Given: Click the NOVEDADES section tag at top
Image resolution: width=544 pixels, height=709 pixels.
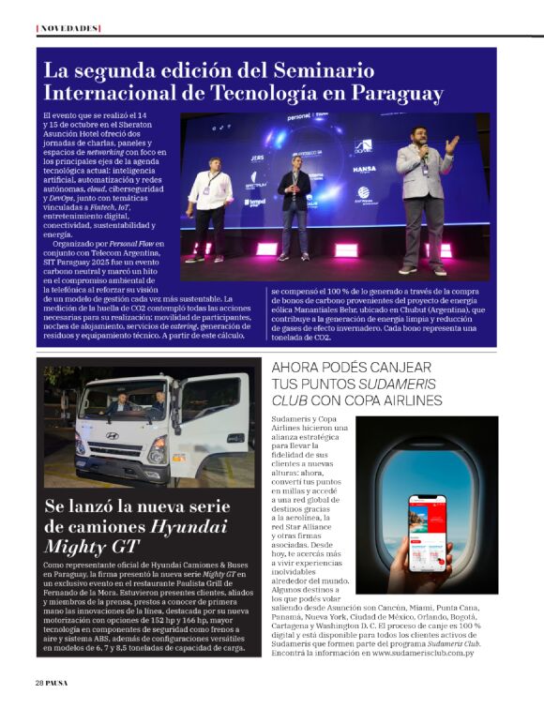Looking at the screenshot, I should point(68,28).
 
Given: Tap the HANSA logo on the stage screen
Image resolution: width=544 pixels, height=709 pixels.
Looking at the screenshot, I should point(364,170).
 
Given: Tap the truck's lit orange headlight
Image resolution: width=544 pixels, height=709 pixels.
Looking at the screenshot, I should point(157,457).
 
